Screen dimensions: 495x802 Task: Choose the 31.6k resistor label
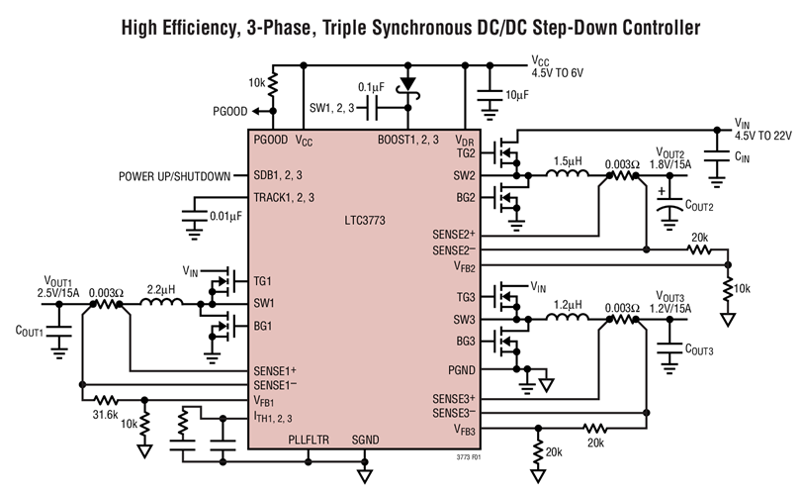tap(105, 415)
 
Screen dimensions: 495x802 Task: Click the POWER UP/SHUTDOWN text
tap(174, 176)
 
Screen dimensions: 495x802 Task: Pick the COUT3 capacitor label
tap(696, 350)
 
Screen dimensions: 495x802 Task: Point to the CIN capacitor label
tap(743, 155)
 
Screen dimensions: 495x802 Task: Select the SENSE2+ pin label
tap(456, 235)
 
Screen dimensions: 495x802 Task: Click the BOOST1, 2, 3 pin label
tap(407, 141)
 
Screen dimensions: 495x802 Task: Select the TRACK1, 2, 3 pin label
tap(284, 197)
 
